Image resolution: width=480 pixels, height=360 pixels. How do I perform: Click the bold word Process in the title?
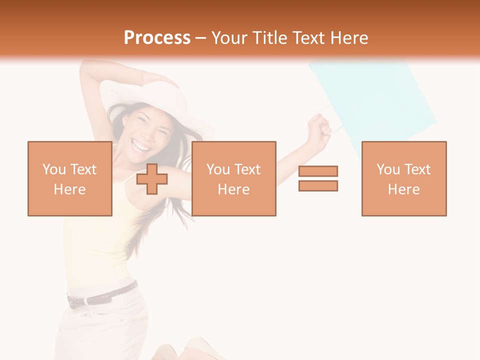click(157, 38)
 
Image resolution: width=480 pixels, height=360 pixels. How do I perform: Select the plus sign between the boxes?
click(152, 179)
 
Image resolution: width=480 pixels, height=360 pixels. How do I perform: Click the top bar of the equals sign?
click(318, 171)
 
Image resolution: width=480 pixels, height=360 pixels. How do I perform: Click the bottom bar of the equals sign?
click(318, 186)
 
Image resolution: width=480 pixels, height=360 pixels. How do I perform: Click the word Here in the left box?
click(69, 189)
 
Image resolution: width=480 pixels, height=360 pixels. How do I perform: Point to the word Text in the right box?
click(418, 169)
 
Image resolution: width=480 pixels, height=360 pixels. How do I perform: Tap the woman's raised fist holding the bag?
click(320, 127)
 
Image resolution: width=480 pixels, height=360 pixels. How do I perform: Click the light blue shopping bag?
click(375, 100)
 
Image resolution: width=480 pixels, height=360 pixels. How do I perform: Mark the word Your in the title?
click(229, 38)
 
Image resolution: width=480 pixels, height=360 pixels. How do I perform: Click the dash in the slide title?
click(200, 38)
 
